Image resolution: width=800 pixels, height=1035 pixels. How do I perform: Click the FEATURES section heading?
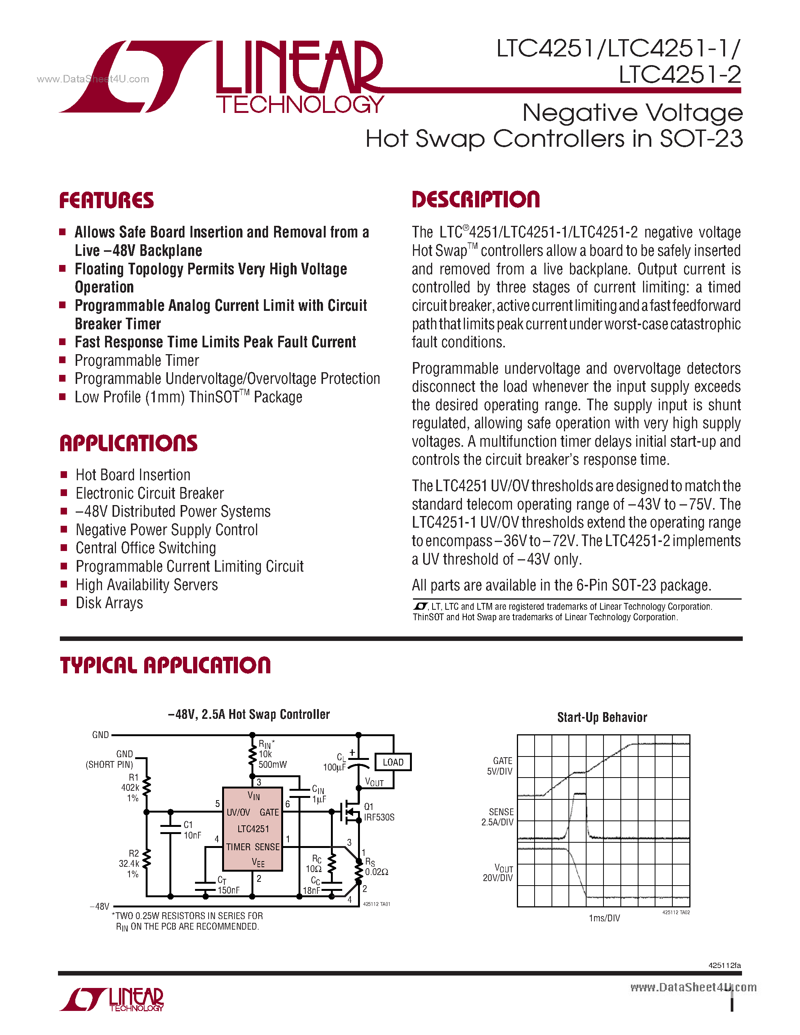pyautogui.click(x=106, y=201)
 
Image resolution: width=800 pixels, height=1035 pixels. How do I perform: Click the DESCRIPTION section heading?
pyautogui.click(x=475, y=199)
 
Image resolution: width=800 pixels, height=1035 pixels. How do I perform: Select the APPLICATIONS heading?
pyautogui.click(x=128, y=444)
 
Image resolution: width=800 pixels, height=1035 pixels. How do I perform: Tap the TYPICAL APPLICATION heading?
pyautogui.click(x=165, y=665)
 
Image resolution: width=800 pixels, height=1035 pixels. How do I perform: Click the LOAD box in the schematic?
pyautogui.click(x=393, y=762)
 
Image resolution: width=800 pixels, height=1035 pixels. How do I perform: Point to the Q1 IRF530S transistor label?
pyautogui.click(x=379, y=812)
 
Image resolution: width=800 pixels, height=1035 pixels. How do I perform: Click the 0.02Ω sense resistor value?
pyautogui.click(x=376, y=872)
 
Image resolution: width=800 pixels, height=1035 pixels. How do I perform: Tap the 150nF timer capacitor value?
pyautogui.click(x=229, y=890)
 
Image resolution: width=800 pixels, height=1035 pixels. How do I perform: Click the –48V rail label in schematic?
pyautogui.click(x=99, y=906)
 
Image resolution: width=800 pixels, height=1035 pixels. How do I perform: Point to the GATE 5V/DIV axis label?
pyautogui.click(x=500, y=766)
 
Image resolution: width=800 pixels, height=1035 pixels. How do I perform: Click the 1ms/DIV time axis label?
pyautogui.click(x=604, y=918)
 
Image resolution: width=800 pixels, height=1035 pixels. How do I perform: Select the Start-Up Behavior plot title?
pyautogui.click(x=602, y=717)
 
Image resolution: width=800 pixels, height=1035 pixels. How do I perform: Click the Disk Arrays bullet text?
pyautogui.click(x=109, y=603)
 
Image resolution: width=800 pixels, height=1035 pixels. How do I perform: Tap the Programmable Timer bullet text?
pyautogui.click(x=137, y=360)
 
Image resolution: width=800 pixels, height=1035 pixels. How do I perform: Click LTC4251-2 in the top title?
pyautogui.click(x=680, y=75)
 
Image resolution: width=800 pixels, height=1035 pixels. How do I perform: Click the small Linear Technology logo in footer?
pyautogui.click(x=112, y=1000)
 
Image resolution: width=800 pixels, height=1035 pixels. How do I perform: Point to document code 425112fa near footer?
pyautogui.click(x=724, y=965)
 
